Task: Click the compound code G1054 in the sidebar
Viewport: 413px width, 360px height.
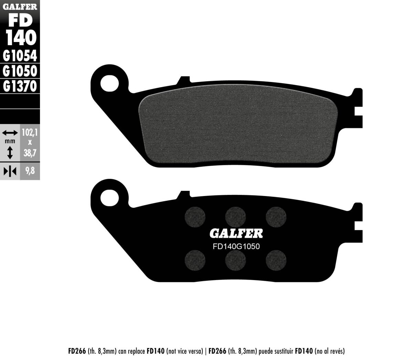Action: [20, 55]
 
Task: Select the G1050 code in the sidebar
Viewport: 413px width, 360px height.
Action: [20, 71]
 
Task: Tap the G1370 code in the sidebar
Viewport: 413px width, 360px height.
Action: [20, 86]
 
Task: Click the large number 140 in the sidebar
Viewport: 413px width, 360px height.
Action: [20, 38]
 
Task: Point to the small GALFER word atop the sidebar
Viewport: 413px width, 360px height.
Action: [20, 6]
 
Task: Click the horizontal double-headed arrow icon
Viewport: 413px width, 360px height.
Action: [10, 133]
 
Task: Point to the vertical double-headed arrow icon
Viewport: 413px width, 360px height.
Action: [10, 152]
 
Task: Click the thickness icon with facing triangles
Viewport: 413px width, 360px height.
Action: [10, 171]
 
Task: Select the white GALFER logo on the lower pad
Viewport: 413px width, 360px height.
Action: [236, 234]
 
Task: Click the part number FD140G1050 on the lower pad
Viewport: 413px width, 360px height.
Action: [236, 247]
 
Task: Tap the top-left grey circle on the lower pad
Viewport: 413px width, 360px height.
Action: [195, 216]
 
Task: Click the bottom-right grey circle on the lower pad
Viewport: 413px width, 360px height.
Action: [276, 258]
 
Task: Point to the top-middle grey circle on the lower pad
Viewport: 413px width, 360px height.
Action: [235, 216]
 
